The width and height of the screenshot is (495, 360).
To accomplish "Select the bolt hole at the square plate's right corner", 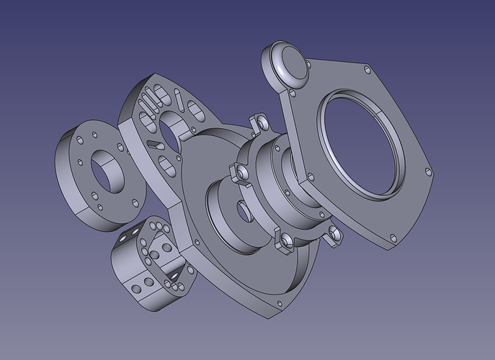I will click(x=429, y=172).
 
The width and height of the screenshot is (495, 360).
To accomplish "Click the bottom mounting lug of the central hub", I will click(x=283, y=241).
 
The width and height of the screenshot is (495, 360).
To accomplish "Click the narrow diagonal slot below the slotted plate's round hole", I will click(x=155, y=144).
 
